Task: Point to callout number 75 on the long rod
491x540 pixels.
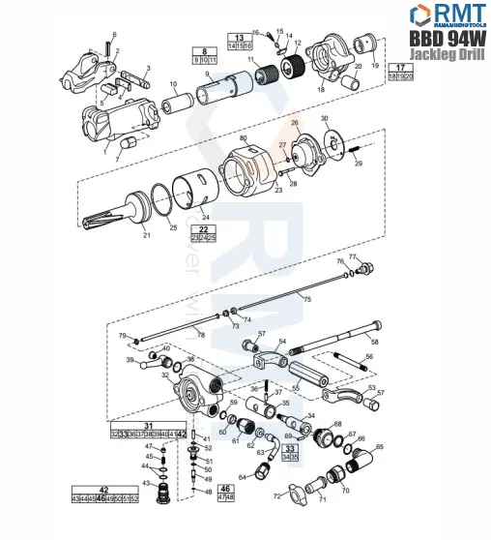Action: [307, 300]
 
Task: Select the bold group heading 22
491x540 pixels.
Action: [203, 228]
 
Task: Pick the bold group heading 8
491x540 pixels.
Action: [204, 50]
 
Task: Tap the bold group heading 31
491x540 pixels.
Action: [148, 425]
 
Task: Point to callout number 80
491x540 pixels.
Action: [244, 140]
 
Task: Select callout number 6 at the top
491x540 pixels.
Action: [114, 34]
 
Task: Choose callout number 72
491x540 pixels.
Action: [276, 496]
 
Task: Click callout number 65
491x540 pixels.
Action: [379, 446]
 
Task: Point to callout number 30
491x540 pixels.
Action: [324, 118]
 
